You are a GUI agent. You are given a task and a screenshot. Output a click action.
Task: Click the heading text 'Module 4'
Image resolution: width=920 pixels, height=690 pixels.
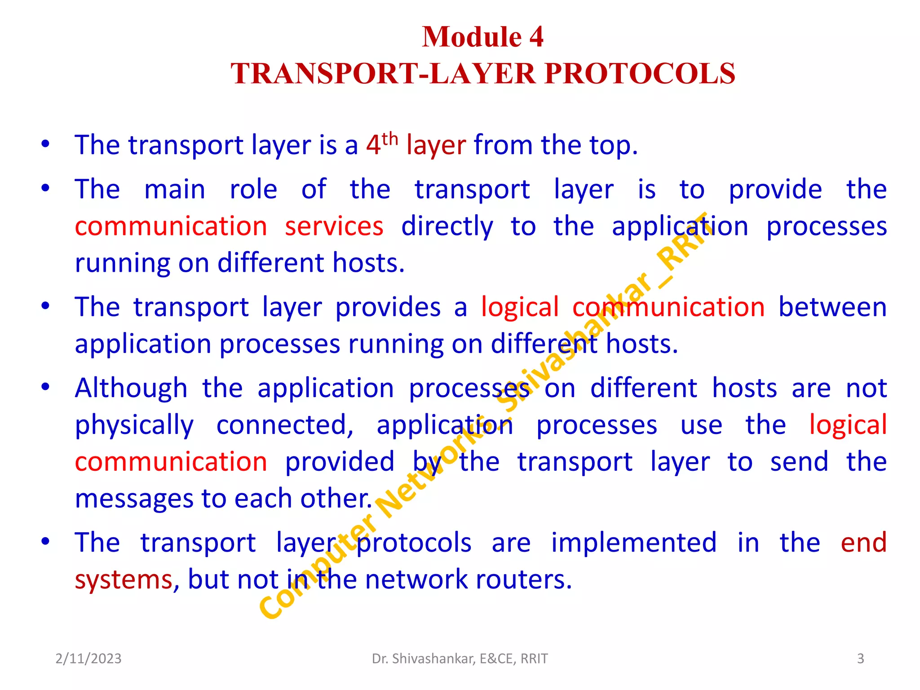(482, 36)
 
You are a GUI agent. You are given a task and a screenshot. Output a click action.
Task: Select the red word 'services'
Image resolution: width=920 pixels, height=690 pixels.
(334, 226)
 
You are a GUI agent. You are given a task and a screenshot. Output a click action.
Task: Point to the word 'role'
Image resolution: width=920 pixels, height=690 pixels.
(253, 189)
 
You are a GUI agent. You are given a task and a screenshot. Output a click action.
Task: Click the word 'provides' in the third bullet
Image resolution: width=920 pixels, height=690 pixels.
(388, 307)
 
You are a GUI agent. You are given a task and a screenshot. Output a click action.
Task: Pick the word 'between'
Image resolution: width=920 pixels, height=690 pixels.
(832, 307)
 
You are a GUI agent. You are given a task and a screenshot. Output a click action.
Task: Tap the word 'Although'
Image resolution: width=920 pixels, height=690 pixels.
(131, 388)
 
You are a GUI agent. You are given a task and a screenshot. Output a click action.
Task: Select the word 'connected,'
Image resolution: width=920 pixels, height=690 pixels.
(285, 425)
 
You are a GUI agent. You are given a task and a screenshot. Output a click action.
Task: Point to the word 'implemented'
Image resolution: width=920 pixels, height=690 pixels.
(634, 543)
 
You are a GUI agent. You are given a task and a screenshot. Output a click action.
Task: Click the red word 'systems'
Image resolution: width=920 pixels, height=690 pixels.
(124, 580)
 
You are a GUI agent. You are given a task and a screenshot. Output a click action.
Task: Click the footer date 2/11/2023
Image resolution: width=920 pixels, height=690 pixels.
(88, 659)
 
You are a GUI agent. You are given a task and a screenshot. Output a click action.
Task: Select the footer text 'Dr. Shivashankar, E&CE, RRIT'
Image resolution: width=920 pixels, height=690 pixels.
(460, 659)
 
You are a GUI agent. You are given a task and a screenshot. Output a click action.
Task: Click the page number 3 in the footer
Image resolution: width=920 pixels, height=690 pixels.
(860, 659)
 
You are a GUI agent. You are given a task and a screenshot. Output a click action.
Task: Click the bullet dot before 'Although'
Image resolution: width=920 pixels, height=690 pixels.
(45, 387)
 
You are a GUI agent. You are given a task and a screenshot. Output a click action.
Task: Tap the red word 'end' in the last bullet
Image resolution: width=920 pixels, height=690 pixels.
(863, 543)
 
